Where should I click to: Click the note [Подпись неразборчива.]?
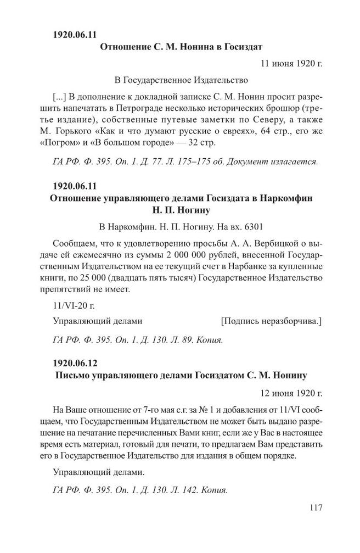coord(271,321)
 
